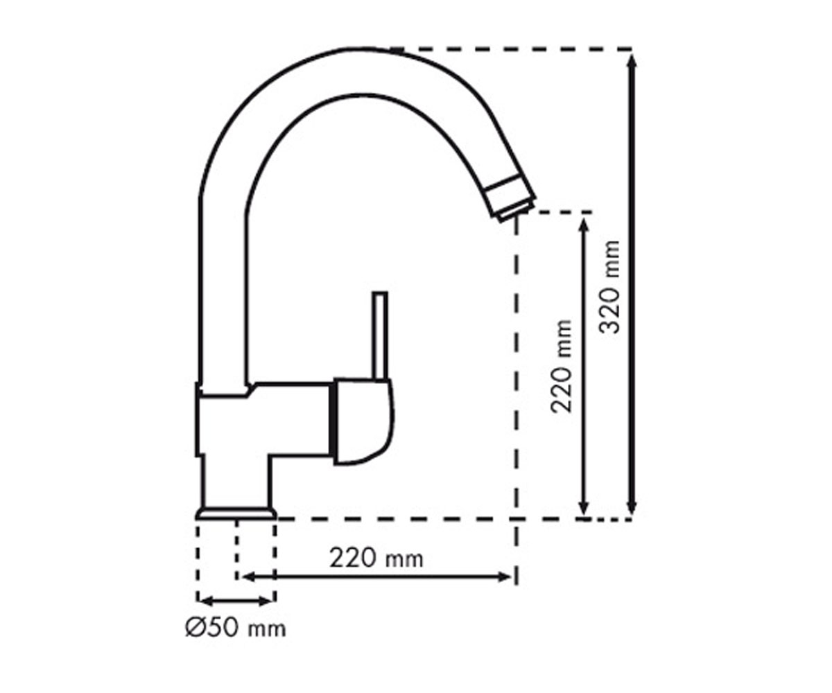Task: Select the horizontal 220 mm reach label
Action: [x=376, y=559]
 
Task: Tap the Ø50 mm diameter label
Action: [x=236, y=629]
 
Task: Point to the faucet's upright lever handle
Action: [x=379, y=335]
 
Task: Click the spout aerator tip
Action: [x=512, y=199]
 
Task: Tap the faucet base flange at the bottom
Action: [x=236, y=514]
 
